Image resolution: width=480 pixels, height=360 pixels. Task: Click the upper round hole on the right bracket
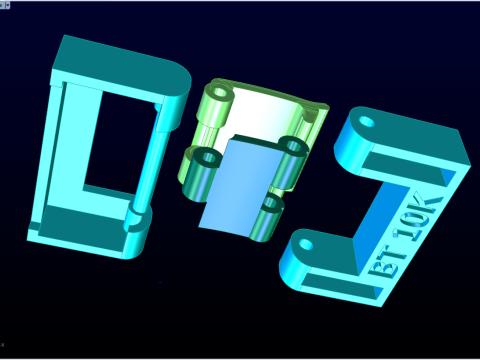click(367, 121)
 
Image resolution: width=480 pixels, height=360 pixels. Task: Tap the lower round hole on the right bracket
click(306, 245)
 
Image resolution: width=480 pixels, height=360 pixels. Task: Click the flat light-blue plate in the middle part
click(239, 184)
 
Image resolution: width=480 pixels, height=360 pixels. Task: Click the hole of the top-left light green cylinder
click(220, 92)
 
